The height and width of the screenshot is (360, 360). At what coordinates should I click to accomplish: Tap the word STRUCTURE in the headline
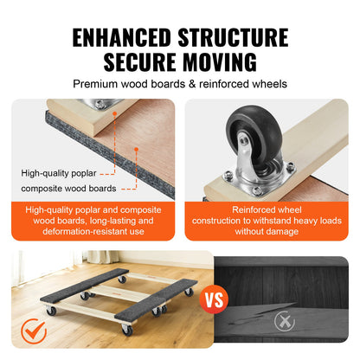point(235,37)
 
